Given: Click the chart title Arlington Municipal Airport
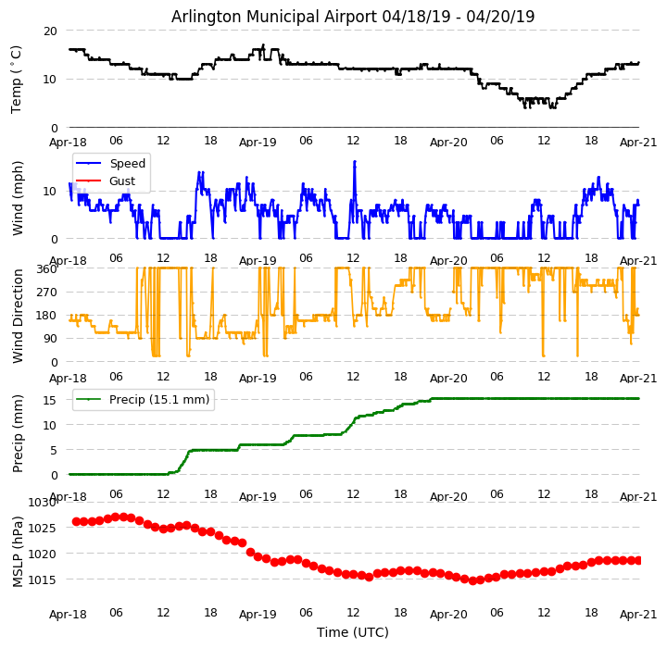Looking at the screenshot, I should click(353, 17).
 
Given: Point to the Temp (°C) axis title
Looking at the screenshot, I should click(17, 79).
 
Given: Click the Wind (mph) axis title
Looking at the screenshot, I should click(18, 197).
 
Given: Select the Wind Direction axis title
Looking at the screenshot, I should click(18, 316).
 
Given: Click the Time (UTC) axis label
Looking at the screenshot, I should click(353, 632).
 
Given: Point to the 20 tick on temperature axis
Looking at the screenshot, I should click(50, 31).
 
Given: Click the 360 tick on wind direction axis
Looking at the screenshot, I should click(46, 268).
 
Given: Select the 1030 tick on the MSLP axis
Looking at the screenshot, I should click(43, 503).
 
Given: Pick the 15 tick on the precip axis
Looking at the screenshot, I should click(50, 400).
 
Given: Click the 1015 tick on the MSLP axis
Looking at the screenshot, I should click(43, 580).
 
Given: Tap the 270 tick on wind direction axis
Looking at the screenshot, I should click(46, 293).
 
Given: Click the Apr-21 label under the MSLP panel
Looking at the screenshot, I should click(639, 614).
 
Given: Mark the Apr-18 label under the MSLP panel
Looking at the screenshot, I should click(69, 614).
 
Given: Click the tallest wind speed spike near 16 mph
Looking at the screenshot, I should click(354, 162).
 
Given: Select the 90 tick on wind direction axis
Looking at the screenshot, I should click(50, 339).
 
